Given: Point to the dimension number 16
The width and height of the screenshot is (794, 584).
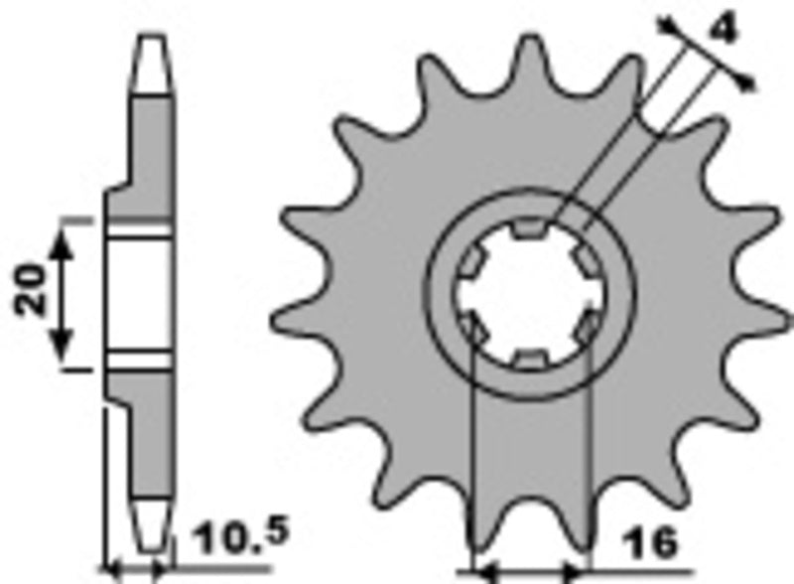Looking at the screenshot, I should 652,543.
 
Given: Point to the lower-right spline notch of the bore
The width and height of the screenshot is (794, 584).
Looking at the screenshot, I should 589,326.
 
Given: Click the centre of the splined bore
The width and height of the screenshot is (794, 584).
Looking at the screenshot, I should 530,294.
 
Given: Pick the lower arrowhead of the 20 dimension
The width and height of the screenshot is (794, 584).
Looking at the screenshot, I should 63,348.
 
